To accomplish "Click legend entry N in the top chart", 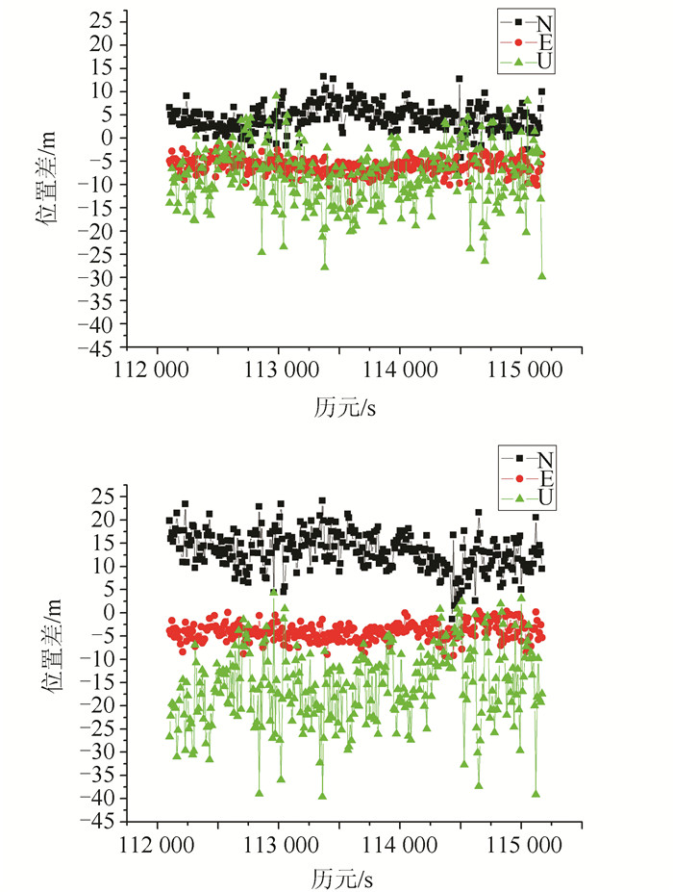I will [x=544, y=20].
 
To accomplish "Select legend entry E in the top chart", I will [x=544, y=42].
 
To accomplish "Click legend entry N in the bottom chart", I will [x=544, y=456].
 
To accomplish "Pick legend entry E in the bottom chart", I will [x=544, y=477].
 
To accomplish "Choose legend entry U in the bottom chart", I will [x=544, y=498].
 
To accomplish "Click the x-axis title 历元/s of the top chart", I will [x=344, y=407].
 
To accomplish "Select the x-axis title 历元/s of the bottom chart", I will [x=344, y=879].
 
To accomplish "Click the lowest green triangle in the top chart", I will [x=541, y=275].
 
